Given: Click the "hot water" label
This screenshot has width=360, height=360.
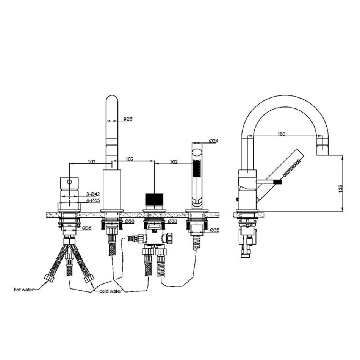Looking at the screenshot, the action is coord(23,290).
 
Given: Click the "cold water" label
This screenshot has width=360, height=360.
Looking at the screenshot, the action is coord(110,291).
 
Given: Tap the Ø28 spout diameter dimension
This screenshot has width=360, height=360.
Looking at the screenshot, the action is coord(128,119).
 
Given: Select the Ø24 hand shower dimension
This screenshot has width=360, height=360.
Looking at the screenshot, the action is coord(213,141).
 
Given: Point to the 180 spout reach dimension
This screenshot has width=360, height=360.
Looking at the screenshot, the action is coord(281,134).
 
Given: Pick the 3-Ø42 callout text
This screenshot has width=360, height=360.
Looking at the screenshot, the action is coord(93,194).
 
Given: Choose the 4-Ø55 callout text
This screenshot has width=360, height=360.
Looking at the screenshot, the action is coord(93,200).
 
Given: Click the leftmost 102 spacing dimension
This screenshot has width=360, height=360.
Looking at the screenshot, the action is coord(92,161).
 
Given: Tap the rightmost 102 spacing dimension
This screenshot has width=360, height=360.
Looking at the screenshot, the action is coord(174,162).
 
